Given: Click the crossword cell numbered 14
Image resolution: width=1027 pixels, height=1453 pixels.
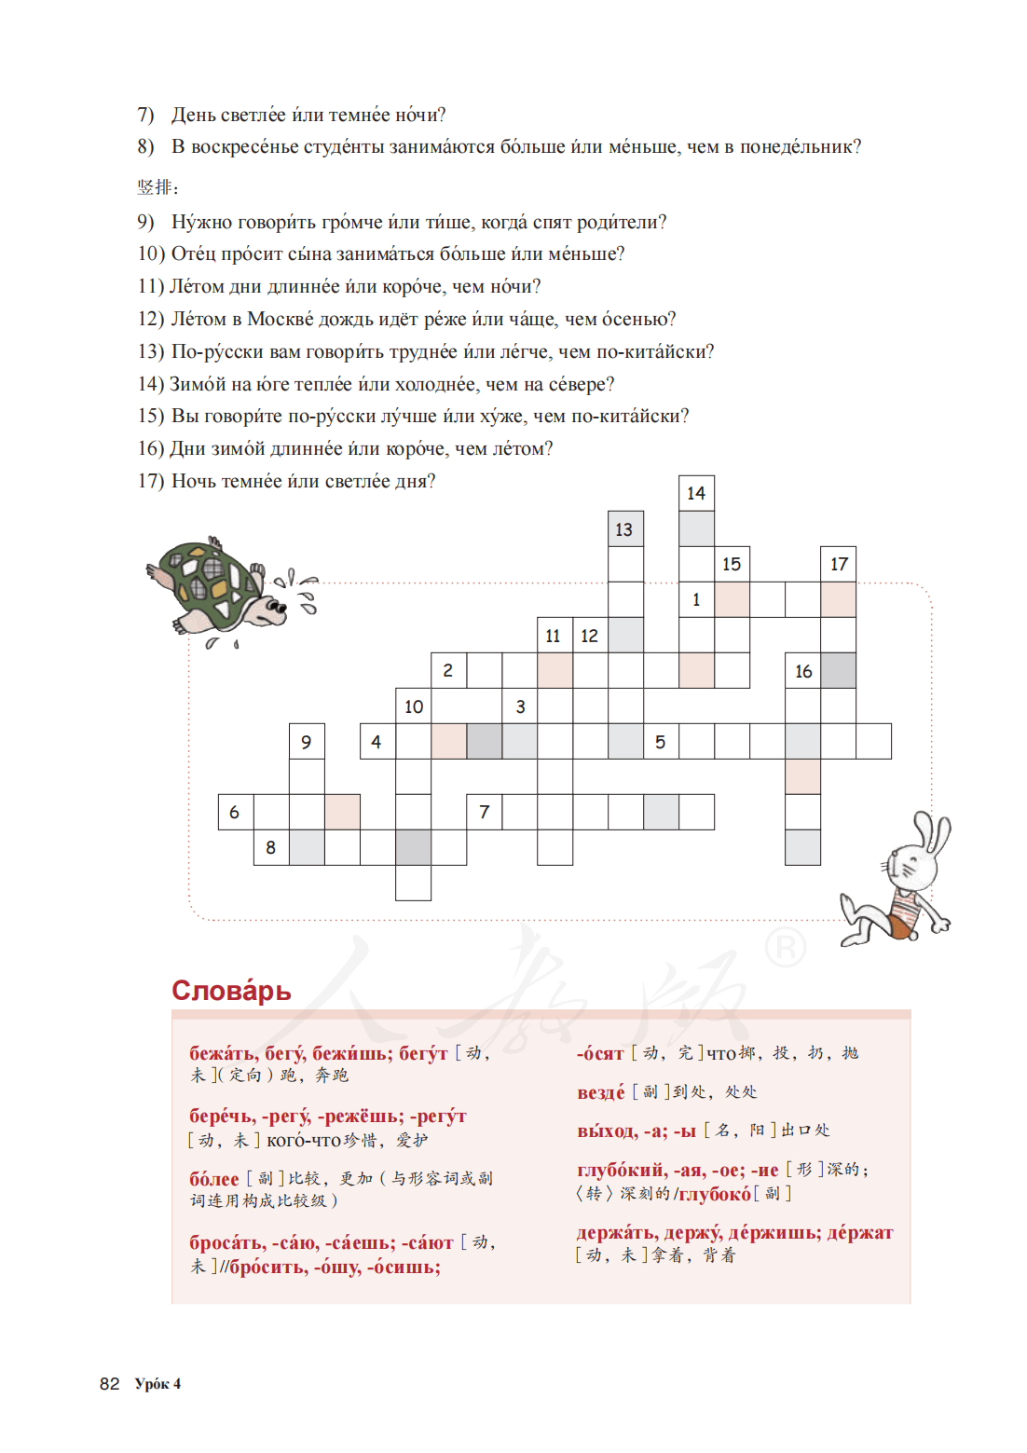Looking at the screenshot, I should [696, 493].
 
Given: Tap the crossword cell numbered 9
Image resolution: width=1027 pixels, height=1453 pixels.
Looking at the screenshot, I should [307, 742].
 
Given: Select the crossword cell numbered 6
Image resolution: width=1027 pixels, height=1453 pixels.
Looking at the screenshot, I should [235, 812].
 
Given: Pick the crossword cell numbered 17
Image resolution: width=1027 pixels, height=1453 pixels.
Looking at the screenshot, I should [839, 564].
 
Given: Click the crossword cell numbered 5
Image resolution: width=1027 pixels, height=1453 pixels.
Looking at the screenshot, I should [661, 742].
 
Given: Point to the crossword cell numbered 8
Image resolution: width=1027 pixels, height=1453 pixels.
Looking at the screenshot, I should [271, 847].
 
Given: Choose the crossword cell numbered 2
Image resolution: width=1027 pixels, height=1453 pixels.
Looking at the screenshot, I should [448, 670].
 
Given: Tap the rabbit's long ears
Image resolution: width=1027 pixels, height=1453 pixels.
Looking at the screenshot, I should [932, 834].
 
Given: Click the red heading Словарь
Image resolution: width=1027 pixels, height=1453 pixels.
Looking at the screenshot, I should [231, 991].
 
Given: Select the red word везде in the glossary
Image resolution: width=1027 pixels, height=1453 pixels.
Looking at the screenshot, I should [601, 1092].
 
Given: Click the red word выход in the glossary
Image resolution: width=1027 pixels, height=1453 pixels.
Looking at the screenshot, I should [607, 1131].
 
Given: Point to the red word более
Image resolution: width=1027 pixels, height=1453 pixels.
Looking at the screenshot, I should [214, 1179].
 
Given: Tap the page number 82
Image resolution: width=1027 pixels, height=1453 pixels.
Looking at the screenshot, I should [110, 1384].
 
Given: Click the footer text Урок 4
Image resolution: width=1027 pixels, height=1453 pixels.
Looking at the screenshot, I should [157, 1384].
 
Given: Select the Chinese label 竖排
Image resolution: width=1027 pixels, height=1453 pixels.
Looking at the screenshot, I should [157, 187].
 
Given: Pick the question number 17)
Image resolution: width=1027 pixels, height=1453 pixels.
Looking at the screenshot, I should [151, 481].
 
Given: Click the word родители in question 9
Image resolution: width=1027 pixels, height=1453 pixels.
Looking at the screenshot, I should [621, 222].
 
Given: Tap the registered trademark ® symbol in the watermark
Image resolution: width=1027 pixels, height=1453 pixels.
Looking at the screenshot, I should [785, 948].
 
